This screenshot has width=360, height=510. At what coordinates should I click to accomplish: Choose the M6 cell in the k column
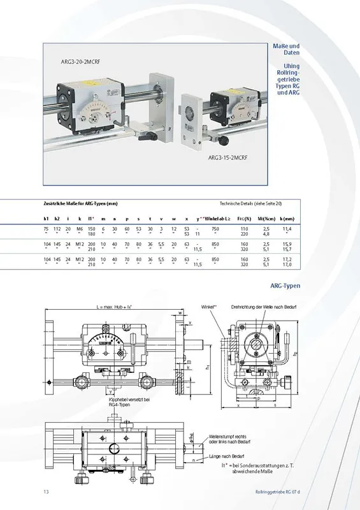click(x=80, y=228)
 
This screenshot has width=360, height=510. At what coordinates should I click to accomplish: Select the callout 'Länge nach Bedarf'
click(x=226, y=455)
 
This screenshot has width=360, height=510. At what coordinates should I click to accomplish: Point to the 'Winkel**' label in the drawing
click(x=208, y=307)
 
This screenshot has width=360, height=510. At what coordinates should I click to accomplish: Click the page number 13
click(x=46, y=491)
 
